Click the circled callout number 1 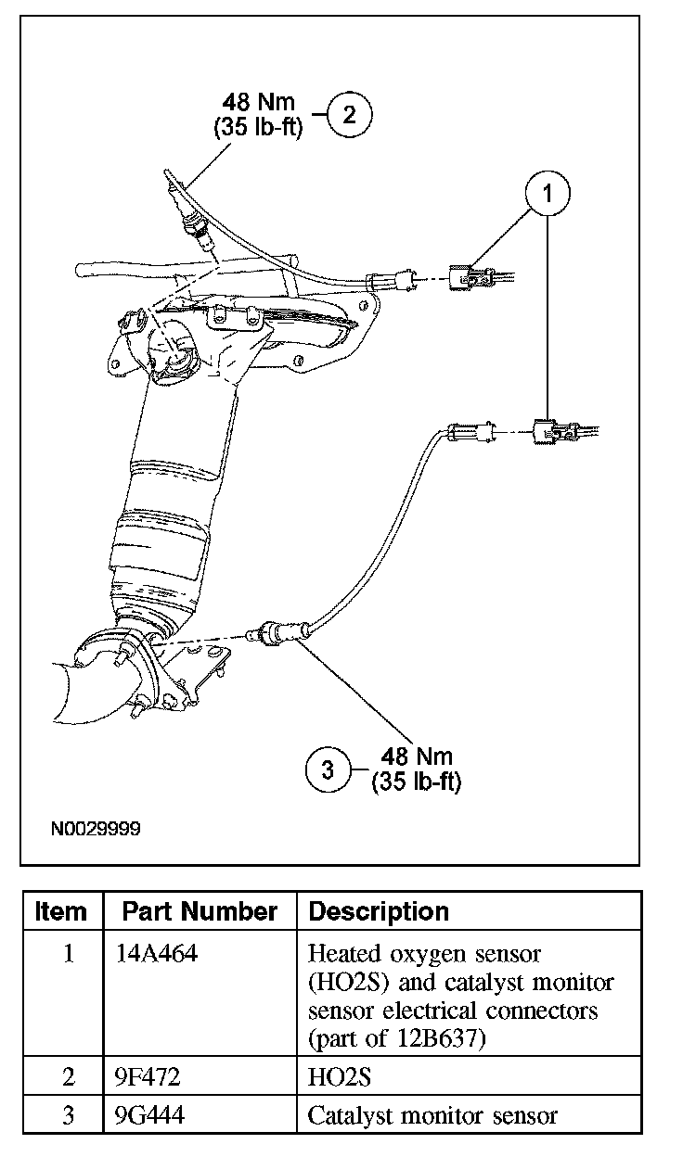548,193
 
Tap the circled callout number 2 350,115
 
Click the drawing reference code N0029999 96,828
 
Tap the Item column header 61,911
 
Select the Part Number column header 200,911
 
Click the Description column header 379,911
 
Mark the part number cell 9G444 149,1114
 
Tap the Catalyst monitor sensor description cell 432,1114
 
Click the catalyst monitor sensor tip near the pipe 256,633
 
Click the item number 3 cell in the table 67,1114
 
